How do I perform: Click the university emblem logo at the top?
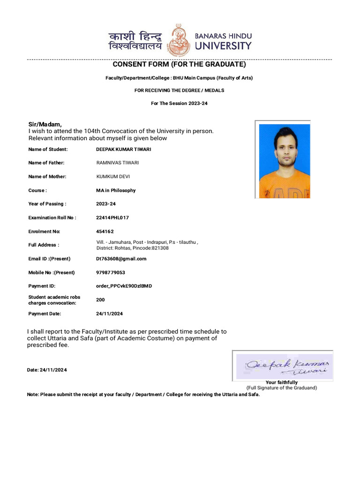coord(180,40)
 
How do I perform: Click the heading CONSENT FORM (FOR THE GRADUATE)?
coord(179,64)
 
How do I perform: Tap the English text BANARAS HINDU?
coord(223,36)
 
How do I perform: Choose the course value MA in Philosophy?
coord(116,190)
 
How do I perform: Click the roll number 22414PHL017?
coord(112,217)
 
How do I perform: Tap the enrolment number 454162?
coord(105,232)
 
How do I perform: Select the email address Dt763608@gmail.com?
coord(121,259)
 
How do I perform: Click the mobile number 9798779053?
coord(111,272)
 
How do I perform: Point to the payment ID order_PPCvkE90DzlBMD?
coord(124,286)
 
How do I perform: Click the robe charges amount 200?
coord(100,300)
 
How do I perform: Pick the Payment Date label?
coord(45,314)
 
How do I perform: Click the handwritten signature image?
coord(283,366)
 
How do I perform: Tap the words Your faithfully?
coord(281,382)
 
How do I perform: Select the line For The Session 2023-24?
coord(179,103)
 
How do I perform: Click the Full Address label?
coord(44,245)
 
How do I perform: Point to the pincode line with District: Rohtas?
coord(132,248)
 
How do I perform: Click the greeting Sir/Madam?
coord(45,124)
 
